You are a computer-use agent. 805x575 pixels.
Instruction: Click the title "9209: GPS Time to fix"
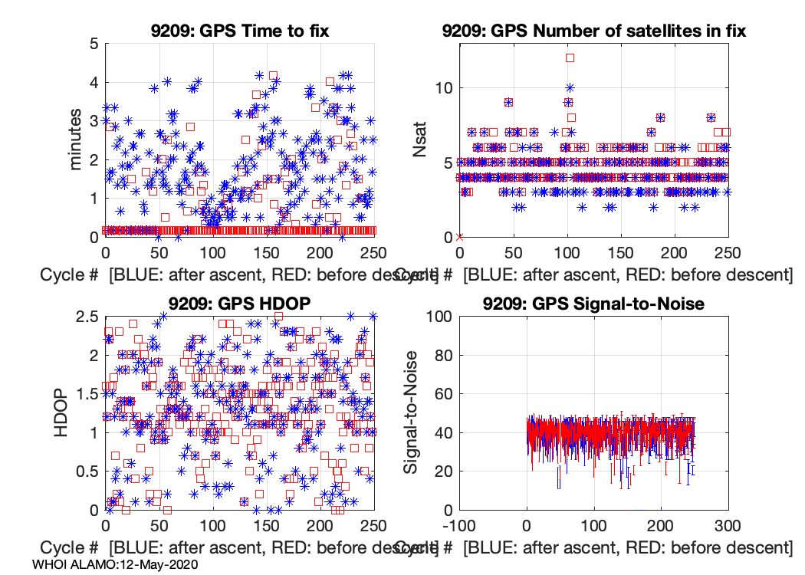pos(240,31)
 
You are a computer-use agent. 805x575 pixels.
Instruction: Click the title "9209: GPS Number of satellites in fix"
pos(593,31)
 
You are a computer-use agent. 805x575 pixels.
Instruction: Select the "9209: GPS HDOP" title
pos(240,304)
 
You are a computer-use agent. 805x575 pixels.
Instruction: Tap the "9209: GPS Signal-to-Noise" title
pos(593,304)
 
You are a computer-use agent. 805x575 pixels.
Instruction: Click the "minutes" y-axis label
pos(77,140)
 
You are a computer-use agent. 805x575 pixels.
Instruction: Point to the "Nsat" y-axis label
pos(420,140)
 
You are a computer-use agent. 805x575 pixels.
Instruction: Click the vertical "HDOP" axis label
pos(63,412)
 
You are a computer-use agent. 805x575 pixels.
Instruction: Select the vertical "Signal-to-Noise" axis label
pos(412,412)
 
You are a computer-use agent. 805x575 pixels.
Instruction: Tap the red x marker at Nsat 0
pos(459,237)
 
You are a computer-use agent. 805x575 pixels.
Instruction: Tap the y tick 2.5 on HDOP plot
pos(86,316)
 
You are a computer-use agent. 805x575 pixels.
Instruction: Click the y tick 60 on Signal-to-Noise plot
pos(439,393)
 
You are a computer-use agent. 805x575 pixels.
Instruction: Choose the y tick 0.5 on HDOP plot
pos(86,472)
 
